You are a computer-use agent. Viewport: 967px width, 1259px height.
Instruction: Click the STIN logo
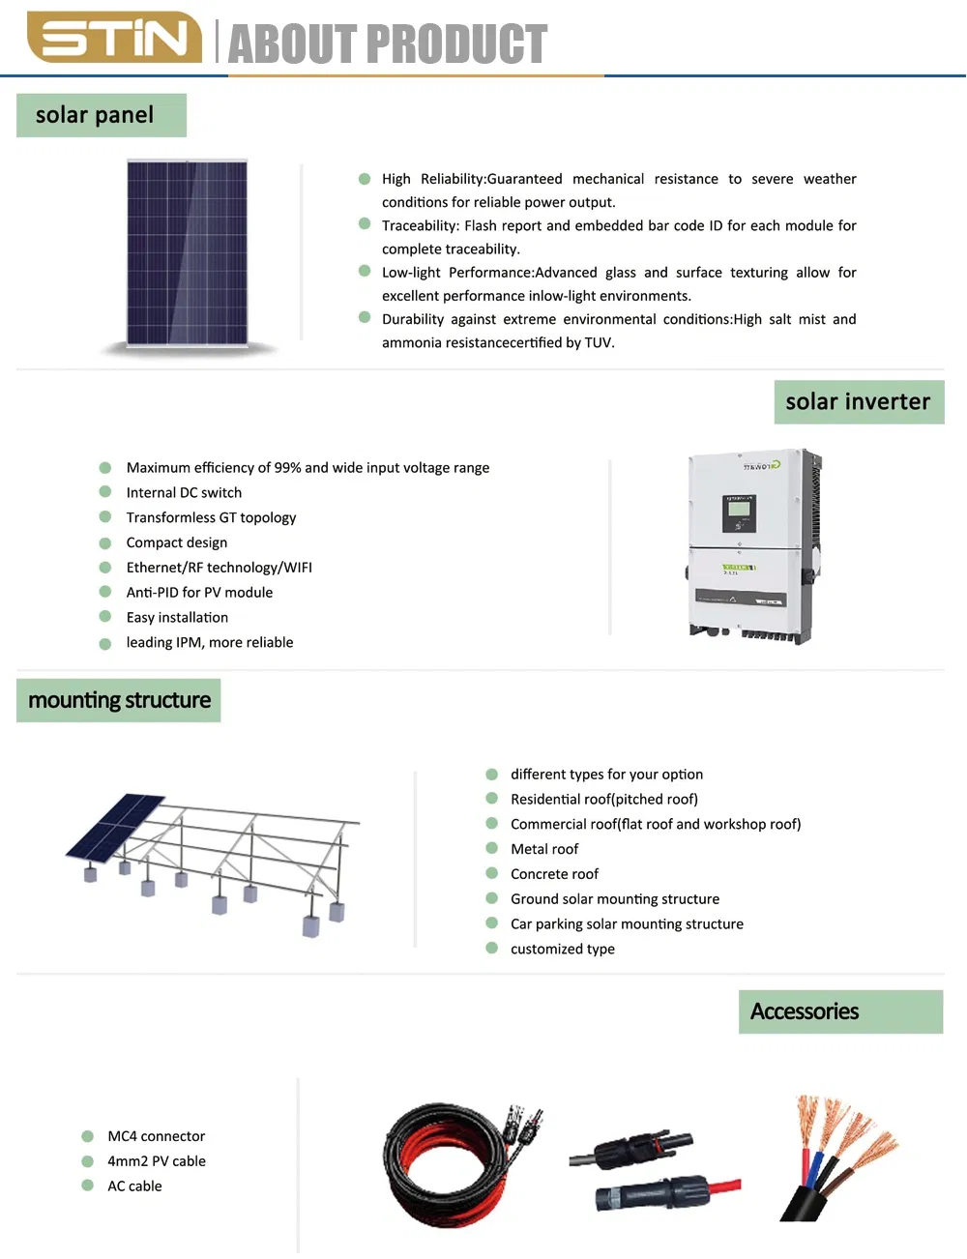click(114, 38)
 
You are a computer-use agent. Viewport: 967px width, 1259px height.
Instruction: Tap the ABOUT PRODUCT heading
click(387, 44)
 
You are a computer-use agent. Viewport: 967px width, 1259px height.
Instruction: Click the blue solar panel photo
click(188, 252)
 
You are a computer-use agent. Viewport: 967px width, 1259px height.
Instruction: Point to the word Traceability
click(420, 226)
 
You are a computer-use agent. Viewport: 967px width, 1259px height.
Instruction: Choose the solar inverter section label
click(858, 402)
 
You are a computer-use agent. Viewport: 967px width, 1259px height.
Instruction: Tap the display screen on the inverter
click(739, 512)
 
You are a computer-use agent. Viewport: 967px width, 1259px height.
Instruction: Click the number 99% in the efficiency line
click(287, 468)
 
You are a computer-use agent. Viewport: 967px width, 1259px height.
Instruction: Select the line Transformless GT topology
click(211, 518)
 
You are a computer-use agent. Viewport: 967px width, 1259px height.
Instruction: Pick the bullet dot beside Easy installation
click(105, 617)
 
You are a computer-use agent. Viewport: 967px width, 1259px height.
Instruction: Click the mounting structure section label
click(119, 700)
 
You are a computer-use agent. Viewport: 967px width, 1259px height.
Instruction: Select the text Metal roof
click(544, 849)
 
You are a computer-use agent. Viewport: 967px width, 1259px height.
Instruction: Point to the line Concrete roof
click(554, 874)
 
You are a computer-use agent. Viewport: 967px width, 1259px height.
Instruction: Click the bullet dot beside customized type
click(491, 949)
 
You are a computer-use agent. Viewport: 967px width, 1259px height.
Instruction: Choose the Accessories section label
click(805, 1011)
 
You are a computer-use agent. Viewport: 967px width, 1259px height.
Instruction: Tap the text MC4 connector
click(156, 1136)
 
